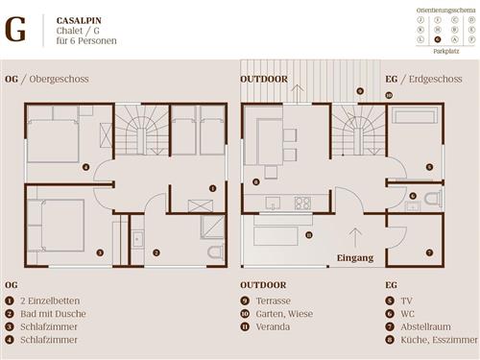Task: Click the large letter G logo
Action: [x=16, y=30]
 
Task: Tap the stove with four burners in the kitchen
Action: [x=301, y=203]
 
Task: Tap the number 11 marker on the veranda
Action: [x=308, y=233]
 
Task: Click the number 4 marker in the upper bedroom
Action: [x=86, y=167]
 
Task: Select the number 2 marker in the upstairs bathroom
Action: [x=156, y=252]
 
